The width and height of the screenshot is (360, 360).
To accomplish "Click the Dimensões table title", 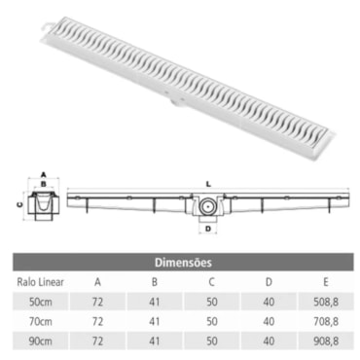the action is tap(183, 262).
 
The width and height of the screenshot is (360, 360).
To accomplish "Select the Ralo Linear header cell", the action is tap(40, 282).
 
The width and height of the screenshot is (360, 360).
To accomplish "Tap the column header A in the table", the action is tap(97, 282).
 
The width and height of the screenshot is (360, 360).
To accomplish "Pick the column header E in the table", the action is tap(326, 282).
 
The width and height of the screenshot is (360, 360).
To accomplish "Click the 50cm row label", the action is tap(41, 302).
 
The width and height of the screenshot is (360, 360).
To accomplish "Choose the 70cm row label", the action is tap(41, 322).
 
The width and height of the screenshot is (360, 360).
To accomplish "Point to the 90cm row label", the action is tap(41, 342).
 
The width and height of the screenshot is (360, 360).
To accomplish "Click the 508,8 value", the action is tap(326, 302).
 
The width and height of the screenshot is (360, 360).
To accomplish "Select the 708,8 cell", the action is tap(326, 322).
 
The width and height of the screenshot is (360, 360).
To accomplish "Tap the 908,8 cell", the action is tap(326, 342).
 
